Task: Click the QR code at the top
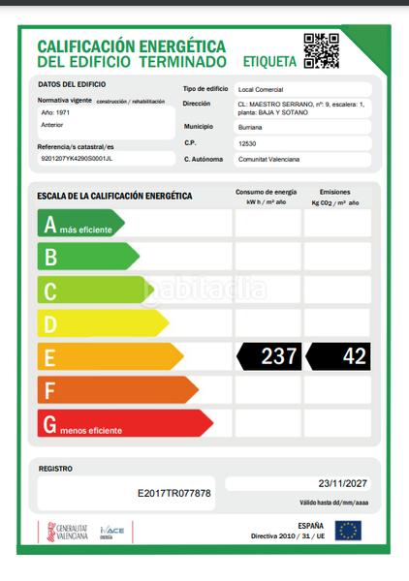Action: click(321, 50)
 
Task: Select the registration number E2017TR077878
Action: click(174, 493)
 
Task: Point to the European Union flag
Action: click(347, 531)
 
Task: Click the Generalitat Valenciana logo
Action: click(63, 532)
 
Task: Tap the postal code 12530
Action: click(247, 142)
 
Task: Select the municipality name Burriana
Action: click(250, 126)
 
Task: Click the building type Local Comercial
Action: click(259, 89)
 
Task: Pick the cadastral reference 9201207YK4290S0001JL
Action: click(78, 157)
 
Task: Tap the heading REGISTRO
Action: click(55, 469)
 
